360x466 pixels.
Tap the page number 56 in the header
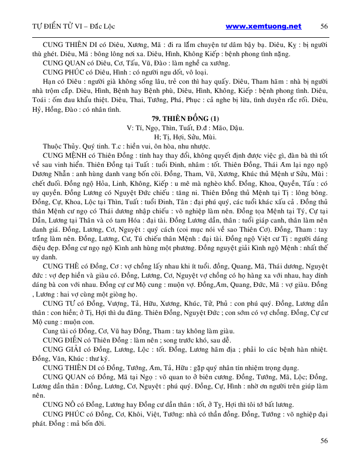click(x=324, y=26)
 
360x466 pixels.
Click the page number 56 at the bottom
click(x=324, y=440)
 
